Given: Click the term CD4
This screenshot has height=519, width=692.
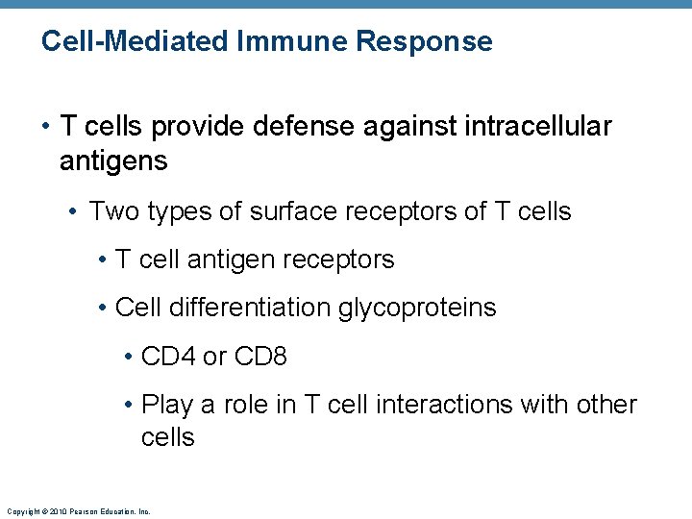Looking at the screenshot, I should tap(168, 357).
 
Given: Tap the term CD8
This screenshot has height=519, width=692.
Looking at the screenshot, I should tap(259, 357).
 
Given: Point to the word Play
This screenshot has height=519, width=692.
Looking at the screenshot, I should tap(164, 405).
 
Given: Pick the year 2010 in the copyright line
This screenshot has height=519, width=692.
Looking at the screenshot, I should tap(55, 511).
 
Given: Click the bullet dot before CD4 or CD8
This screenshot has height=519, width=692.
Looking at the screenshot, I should tap(129, 357).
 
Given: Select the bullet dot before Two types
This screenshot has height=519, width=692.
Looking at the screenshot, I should tap(76, 211).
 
